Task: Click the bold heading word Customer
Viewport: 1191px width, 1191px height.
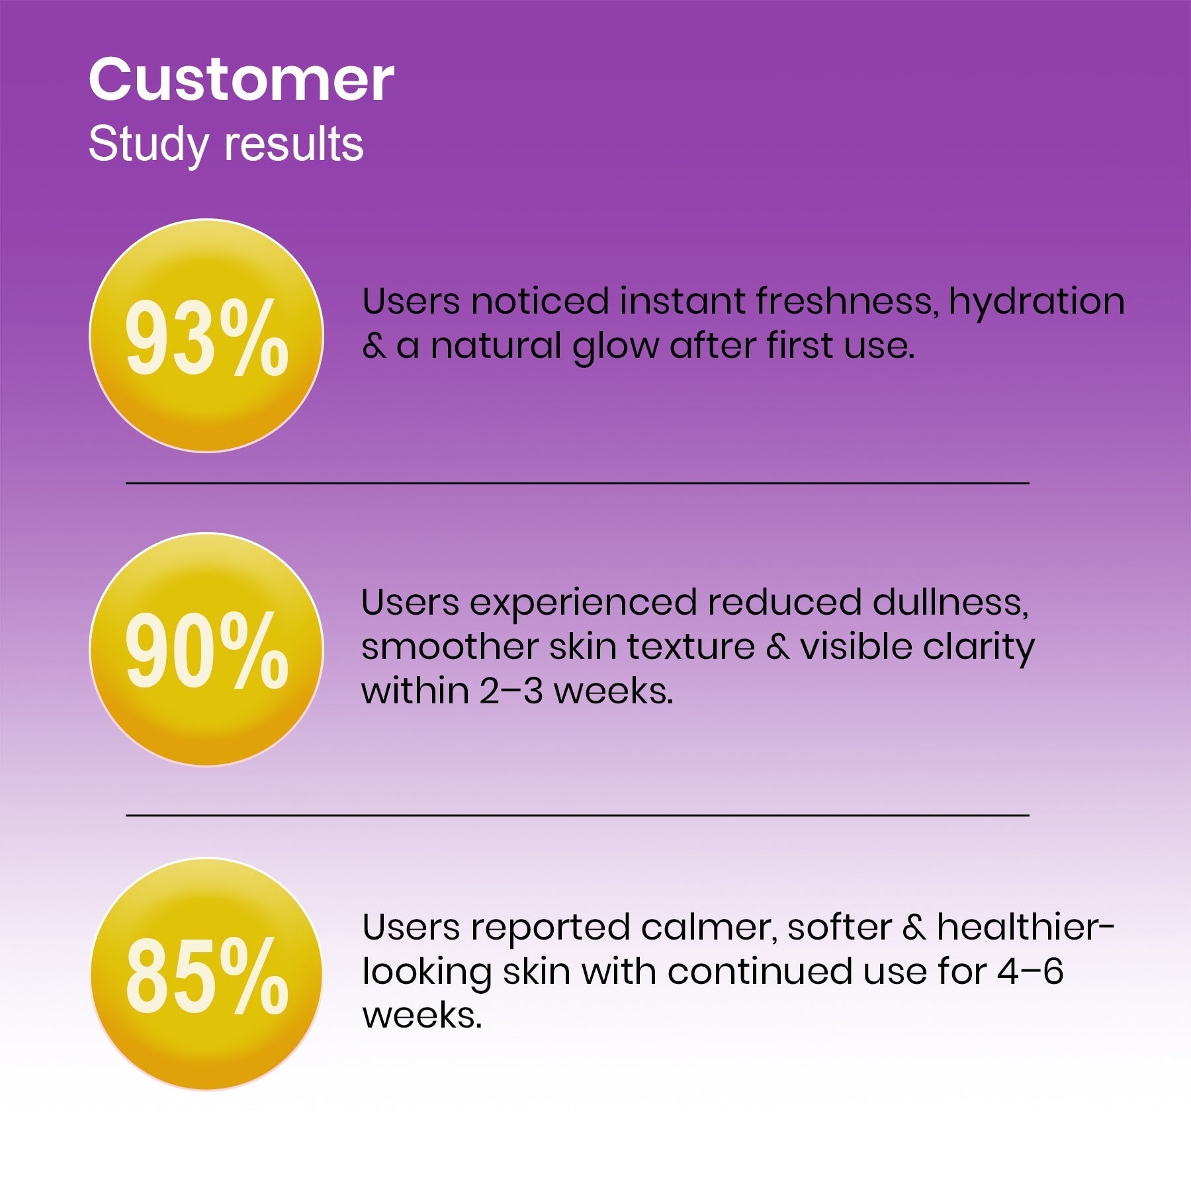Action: tap(242, 79)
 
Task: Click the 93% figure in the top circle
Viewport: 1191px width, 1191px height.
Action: tap(206, 337)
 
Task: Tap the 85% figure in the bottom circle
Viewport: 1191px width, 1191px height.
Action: tap(206, 976)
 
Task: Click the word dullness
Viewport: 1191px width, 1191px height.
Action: tap(950, 603)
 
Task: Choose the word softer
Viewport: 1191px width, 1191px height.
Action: tap(840, 928)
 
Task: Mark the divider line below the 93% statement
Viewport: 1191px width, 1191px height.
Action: tap(578, 483)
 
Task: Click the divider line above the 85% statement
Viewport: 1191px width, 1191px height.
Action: tap(578, 815)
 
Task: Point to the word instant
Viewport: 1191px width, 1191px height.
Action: tap(682, 301)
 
